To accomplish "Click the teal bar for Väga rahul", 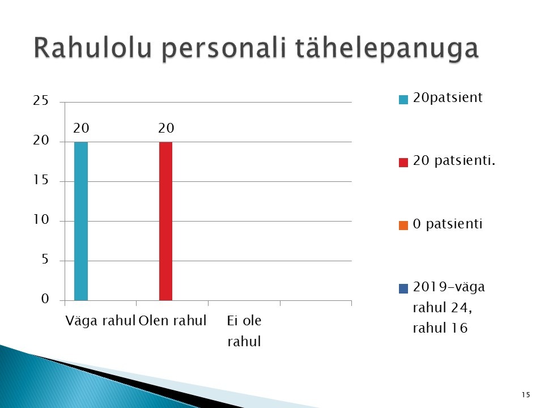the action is (81, 221).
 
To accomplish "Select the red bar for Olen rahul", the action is (165, 221).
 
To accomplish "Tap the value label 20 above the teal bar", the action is (81, 128).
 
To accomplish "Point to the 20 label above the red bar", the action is (166, 128).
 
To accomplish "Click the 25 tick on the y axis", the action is (41, 100).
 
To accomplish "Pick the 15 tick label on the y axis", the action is (41, 180).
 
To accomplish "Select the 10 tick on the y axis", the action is (41, 219).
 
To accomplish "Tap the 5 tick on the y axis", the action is (45, 259).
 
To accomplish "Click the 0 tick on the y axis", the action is (45, 299).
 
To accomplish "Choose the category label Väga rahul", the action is (100, 321).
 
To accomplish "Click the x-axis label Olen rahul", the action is (172, 320).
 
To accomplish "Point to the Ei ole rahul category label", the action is (244, 330).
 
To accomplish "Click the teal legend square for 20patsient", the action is (403, 100).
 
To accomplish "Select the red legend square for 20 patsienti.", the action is (403, 163).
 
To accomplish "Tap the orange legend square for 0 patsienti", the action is (403, 226).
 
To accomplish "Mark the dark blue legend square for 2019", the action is (403, 288).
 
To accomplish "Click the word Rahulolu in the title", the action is (93, 47).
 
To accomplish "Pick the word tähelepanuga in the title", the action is (387, 48).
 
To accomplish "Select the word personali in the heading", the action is (224, 48).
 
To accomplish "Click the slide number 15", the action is (526, 394).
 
